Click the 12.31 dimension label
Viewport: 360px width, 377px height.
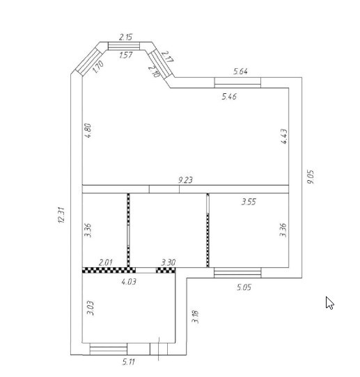(x=61, y=215)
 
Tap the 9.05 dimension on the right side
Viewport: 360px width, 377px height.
(x=311, y=177)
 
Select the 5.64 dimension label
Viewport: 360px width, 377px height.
(x=240, y=72)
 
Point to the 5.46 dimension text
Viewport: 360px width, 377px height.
(x=229, y=97)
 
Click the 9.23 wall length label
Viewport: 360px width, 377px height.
(x=185, y=180)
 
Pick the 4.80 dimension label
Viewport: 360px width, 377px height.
(x=88, y=131)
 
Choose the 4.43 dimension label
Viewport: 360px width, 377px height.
(x=284, y=136)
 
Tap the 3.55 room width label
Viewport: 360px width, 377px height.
(x=249, y=202)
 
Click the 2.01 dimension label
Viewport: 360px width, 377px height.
(x=105, y=262)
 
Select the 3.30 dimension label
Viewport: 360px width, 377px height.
(x=169, y=262)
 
